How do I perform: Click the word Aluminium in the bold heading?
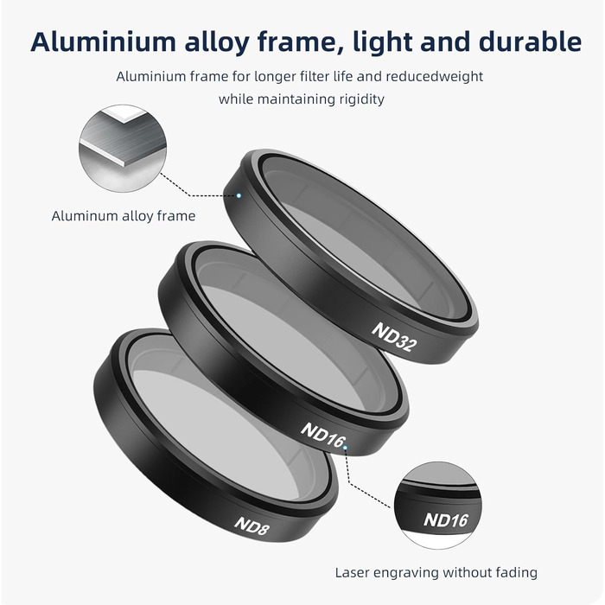pyautogui.click(x=104, y=41)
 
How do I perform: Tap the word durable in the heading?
pyautogui.click(x=530, y=41)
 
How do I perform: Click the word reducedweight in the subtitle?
pyautogui.click(x=435, y=77)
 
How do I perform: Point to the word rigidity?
pyautogui.click(x=361, y=99)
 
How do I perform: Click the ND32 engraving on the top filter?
pyautogui.click(x=394, y=337)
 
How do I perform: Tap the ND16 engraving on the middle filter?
pyautogui.click(x=323, y=436)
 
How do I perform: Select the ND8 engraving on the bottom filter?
pyautogui.click(x=252, y=525)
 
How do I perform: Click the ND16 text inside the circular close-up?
pyautogui.click(x=446, y=520)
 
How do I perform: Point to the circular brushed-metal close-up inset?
pyautogui.click(x=123, y=148)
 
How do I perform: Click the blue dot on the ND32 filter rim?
pyautogui.click(x=239, y=195)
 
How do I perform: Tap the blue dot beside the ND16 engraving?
pyautogui.click(x=346, y=448)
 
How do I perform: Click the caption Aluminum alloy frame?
pyautogui.click(x=124, y=216)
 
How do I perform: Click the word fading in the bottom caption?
pyautogui.click(x=516, y=573)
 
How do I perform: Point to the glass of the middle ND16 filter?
pyautogui.click(x=285, y=332)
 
